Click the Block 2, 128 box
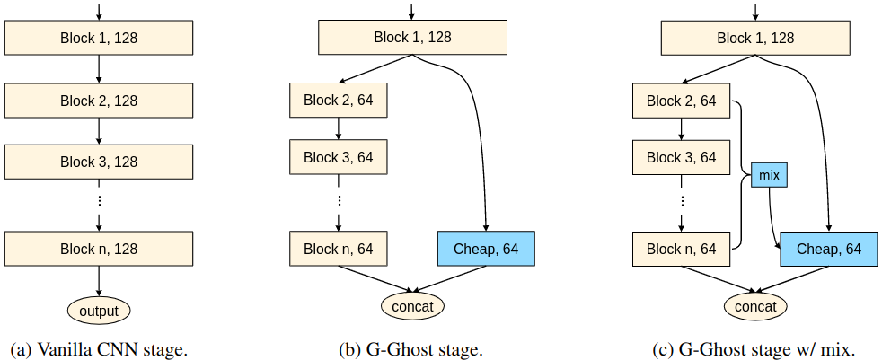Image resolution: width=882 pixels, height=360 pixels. coord(99,101)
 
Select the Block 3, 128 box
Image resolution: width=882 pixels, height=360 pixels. coord(99,162)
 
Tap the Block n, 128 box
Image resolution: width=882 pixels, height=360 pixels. coord(99,249)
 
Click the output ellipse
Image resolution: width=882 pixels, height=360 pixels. coord(99,311)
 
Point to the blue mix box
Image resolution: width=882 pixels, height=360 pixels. coord(769,175)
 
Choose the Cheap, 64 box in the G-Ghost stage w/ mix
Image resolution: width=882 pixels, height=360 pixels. coord(827,249)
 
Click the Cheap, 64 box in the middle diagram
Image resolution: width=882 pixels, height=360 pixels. coord(485,249)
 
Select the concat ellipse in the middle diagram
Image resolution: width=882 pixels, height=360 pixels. coord(412,307)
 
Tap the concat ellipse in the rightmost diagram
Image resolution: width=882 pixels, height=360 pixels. coord(755,307)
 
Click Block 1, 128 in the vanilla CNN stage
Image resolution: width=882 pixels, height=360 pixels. coord(99,38)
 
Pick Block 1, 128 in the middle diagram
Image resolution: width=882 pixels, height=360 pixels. coord(412,38)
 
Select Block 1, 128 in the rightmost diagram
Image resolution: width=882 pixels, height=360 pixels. coord(755,38)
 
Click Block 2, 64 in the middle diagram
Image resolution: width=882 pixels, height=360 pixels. coord(338,101)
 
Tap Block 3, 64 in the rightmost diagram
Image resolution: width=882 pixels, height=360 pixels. coord(681,157)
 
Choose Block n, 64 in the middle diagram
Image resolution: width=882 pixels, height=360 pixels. coord(338,249)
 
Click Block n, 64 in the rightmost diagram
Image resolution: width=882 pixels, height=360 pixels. coord(681,249)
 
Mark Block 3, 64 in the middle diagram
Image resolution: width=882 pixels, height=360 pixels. coord(338,157)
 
